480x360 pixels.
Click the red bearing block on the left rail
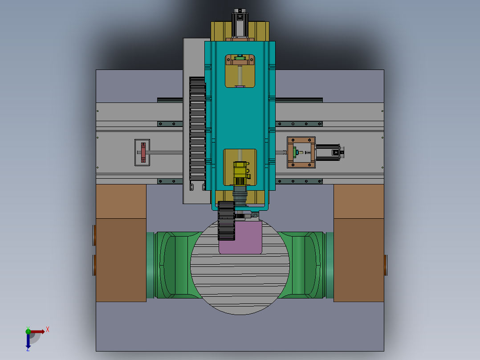click(x=143, y=152)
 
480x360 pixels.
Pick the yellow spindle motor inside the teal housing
click(x=240, y=173)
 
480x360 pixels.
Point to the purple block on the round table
click(x=240, y=238)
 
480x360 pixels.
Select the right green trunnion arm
click(x=307, y=265)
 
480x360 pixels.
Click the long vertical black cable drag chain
click(x=197, y=129)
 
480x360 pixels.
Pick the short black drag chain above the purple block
click(x=227, y=221)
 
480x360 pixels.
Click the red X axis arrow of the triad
click(x=38, y=331)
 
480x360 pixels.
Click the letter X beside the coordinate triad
click(x=47, y=330)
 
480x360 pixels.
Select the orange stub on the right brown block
click(x=386, y=265)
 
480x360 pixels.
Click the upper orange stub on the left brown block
click(x=94, y=235)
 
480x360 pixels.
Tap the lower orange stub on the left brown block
click(x=94, y=265)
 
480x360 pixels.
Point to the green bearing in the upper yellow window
click(x=240, y=58)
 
